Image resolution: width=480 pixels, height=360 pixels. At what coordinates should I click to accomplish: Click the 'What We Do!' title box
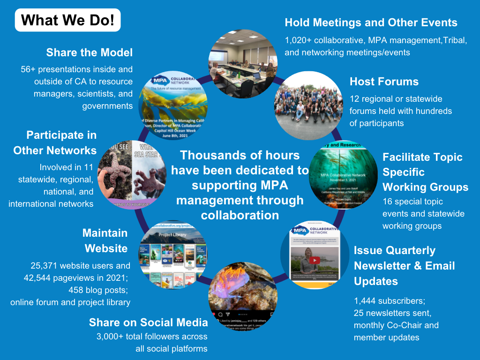[x=68, y=20]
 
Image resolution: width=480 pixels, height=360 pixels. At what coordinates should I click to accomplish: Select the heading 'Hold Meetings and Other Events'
[x=371, y=22]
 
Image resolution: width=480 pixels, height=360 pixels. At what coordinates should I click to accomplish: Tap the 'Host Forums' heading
[x=384, y=82]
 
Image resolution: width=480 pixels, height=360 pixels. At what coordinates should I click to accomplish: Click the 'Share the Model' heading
[x=90, y=52]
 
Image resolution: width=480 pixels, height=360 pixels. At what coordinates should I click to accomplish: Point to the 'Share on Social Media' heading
[x=148, y=322]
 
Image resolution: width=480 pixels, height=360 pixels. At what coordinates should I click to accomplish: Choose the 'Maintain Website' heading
[x=105, y=240]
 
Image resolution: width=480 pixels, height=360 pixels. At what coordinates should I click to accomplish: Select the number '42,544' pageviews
[x=39, y=278]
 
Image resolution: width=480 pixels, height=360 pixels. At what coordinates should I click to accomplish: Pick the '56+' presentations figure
[x=30, y=69]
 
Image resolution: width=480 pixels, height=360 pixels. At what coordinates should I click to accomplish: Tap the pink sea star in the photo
[x=115, y=172]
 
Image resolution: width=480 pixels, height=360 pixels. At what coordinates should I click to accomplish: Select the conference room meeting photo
[x=242, y=64]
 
